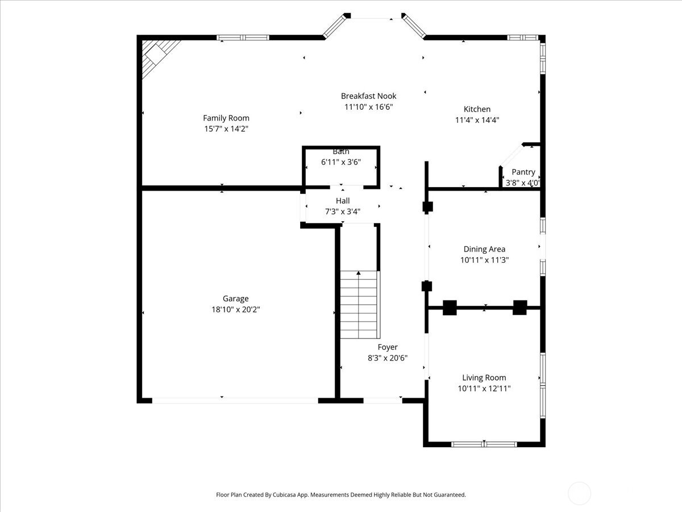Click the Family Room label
226,118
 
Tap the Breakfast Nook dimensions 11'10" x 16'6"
369,107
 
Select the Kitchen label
477,109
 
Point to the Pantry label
523,172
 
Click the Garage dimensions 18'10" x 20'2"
235,309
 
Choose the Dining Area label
484,249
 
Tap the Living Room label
484,378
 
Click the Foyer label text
388,347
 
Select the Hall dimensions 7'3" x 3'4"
342,211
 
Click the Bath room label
341,151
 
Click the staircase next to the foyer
359,304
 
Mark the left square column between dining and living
450,308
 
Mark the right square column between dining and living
520,308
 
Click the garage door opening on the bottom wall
235,400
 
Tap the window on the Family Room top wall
243,38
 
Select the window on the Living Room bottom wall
484,444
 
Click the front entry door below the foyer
382,400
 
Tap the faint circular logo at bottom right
579,493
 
